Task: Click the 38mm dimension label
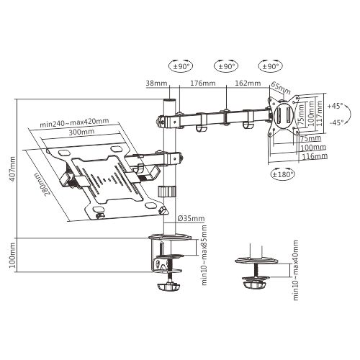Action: point(156,84)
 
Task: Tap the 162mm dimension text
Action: point(246,84)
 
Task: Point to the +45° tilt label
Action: point(335,105)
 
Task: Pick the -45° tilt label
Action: point(335,122)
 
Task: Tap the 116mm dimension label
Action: point(315,156)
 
